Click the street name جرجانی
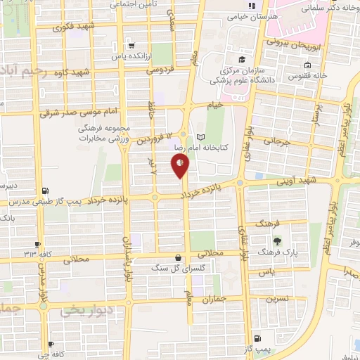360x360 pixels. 276,141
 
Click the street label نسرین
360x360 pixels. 276,297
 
